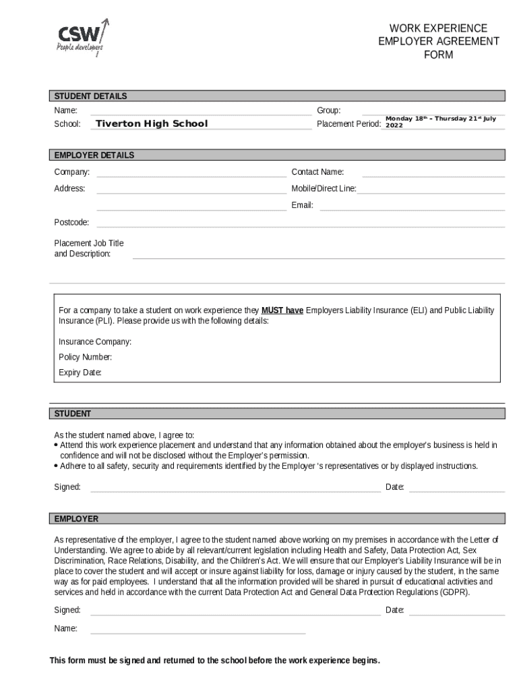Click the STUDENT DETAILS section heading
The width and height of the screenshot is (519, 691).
(x=90, y=96)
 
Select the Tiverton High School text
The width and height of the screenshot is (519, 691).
(x=152, y=123)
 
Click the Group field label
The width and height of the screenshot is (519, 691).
(x=329, y=110)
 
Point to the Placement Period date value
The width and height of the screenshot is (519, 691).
(x=440, y=121)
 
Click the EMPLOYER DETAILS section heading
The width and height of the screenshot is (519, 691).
(x=94, y=155)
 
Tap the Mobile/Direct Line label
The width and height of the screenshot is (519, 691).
(x=324, y=189)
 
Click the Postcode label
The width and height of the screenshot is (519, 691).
(x=71, y=222)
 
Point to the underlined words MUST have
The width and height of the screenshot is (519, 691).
(x=282, y=310)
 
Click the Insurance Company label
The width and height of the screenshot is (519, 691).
(x=95, y=342)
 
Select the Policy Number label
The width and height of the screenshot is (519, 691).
(x=86, y=357)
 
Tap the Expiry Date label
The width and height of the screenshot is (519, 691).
(x=80, y=372)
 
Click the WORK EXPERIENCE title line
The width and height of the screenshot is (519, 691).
(x=438, y=28)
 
